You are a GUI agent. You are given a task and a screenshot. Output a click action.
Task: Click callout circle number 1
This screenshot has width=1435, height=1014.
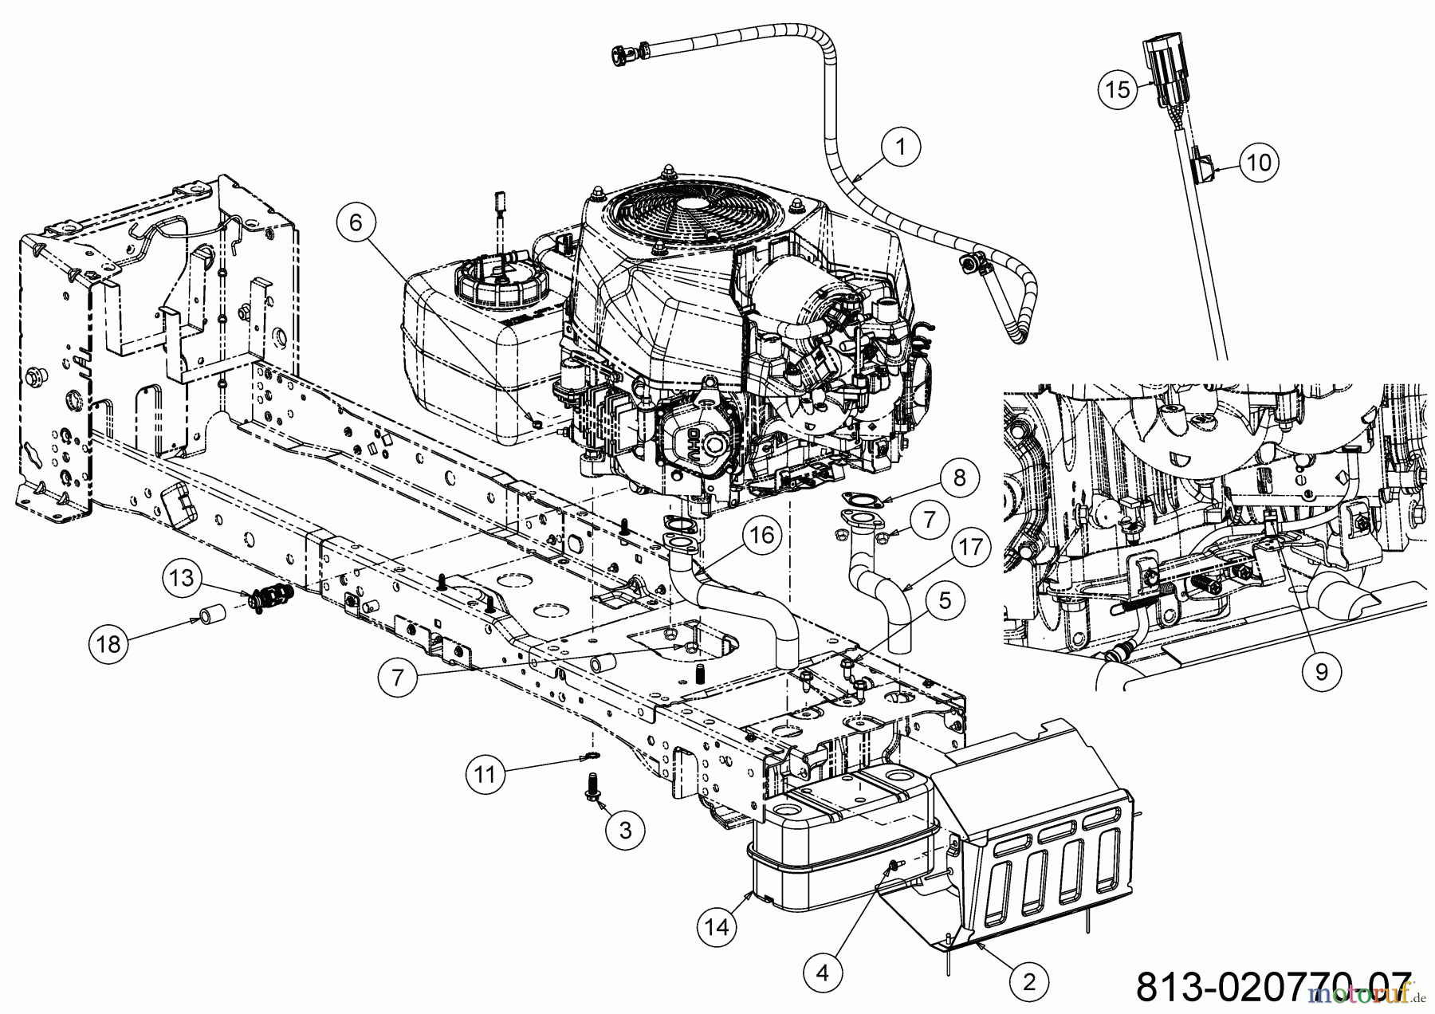click(x=901, y=147)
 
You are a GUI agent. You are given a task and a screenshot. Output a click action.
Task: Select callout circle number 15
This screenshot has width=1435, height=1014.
click(x=1118, y=90)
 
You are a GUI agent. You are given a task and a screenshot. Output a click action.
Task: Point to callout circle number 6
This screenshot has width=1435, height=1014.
click(x=356, y=224)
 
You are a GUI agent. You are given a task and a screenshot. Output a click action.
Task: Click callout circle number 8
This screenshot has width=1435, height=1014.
click(x=959, y=478)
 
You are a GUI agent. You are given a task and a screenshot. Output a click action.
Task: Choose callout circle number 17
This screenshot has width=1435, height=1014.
click(x=969, y=548)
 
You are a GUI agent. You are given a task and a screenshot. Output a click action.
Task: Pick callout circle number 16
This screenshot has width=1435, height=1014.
click(x=762, y=536)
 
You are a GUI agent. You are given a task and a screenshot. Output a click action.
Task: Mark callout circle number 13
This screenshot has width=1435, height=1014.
click(x=183, y=577)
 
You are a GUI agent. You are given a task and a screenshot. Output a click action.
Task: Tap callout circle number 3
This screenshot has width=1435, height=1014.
click(x=623, y=830)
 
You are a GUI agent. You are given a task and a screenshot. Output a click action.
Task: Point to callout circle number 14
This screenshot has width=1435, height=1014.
click(x=716, y=927)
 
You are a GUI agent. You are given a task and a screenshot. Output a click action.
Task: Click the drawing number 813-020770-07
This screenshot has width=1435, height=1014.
click(x=1272, y=987)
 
